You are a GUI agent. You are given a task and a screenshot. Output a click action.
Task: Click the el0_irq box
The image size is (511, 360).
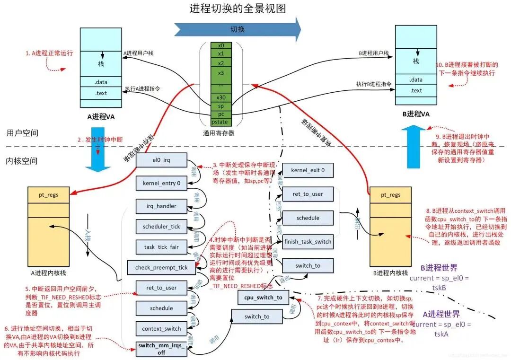point(162,160)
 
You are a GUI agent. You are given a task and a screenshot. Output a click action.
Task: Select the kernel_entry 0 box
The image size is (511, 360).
point(162,183)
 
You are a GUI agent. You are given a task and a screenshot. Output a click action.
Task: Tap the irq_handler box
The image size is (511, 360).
point(162,206)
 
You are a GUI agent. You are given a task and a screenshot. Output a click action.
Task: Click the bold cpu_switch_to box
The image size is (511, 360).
point(263,297)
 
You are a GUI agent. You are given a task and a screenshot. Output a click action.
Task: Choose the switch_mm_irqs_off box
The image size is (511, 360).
point(162,349)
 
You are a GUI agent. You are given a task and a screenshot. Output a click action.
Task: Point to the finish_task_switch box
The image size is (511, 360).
point(308,242)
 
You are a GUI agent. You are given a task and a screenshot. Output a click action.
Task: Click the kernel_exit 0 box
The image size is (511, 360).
point(308,170)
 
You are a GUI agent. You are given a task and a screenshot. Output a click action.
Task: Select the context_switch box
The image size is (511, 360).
point(162,328)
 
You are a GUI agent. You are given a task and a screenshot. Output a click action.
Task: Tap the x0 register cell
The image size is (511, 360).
point(221,45)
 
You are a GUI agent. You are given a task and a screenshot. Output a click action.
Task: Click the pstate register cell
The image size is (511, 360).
point(221,123)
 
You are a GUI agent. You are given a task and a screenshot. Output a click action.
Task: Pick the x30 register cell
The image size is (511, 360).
point(221,97)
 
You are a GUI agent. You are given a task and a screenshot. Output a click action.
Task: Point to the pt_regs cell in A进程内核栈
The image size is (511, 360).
point(49,194)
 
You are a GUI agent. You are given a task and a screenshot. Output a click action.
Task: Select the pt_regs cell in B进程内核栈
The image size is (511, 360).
point(391,194)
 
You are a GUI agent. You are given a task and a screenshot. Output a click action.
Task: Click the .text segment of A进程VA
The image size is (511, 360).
point(101,93)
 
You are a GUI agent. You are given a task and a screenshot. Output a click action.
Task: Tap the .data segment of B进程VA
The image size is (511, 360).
point(416,80)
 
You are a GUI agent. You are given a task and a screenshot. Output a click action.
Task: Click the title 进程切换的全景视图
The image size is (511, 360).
point(238,9)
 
